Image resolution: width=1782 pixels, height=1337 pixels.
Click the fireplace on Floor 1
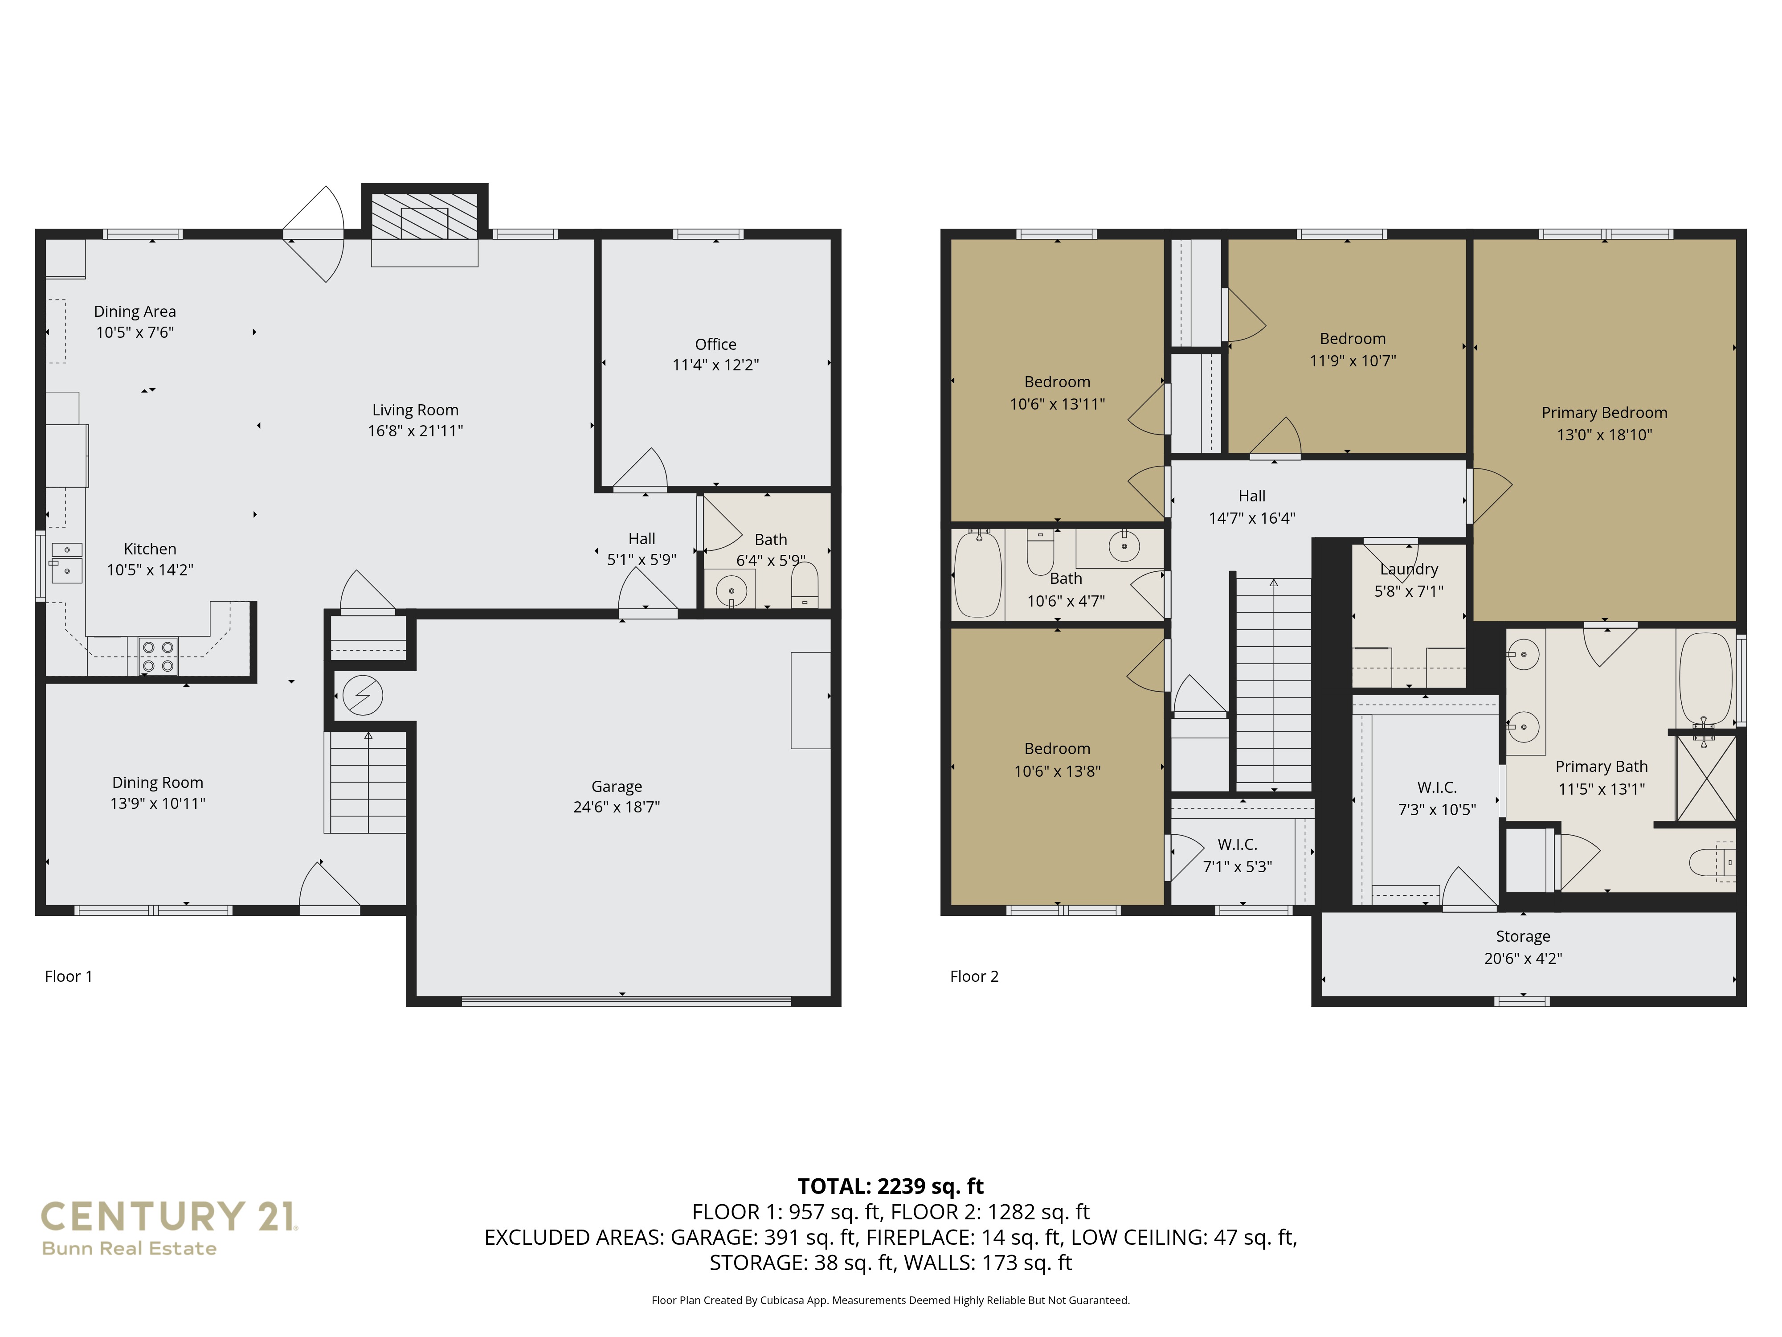tap(425, 216)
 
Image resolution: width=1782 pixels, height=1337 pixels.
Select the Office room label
tap(715, 344)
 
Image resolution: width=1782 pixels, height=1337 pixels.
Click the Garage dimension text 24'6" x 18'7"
tap(616, 807)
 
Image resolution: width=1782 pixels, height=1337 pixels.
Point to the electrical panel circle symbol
tap(363, 695)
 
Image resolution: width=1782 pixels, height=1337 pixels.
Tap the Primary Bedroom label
tap(1604, 413)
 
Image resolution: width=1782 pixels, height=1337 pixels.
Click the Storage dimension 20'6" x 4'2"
tap(1523, 958)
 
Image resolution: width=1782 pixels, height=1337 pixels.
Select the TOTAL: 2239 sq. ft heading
tap(890, 1186)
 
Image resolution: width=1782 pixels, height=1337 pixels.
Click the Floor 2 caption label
tap(974, 977)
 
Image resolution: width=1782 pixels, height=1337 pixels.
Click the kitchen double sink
tap(67, 562)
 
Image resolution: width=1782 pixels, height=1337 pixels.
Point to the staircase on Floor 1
tap(368, 782)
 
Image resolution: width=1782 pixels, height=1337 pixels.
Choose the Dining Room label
tap(157, 783)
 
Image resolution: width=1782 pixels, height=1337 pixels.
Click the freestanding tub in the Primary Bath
tap(1705, 679)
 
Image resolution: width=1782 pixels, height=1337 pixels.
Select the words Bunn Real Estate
tap(129, 1248)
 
